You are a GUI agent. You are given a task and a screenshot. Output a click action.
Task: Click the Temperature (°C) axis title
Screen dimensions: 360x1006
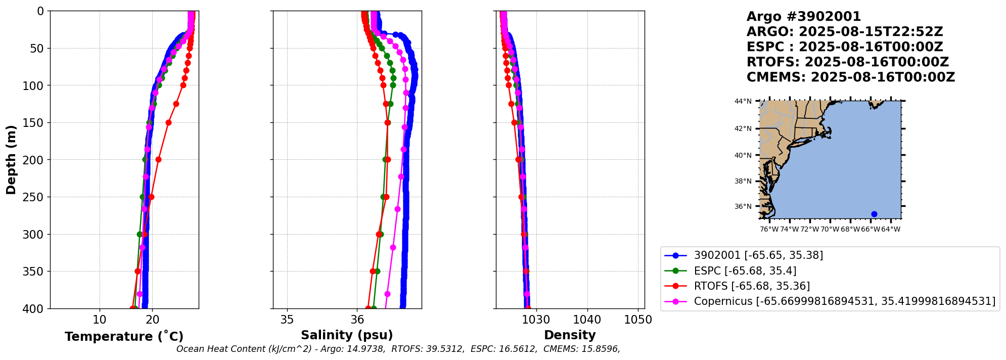pyautogui.click(x=124, y=337)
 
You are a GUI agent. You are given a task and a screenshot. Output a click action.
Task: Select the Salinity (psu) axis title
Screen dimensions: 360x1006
pyautogui.click(x=347, y=335)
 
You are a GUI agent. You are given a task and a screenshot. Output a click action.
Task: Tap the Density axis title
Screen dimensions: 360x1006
pyautogui.click(x=570, y=335)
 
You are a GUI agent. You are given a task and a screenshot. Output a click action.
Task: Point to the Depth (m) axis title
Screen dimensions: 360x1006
pyautogui.click(x=11, y=159)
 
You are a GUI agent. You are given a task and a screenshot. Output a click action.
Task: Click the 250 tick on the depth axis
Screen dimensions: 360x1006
pyautogui.click(x=36, y=197)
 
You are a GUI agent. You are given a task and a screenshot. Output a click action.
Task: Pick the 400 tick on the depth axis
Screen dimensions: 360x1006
pyautogui.click(x=36, y=308)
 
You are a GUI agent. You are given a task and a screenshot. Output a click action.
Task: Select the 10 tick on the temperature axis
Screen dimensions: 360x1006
pyautogui.click(x=100, y=320)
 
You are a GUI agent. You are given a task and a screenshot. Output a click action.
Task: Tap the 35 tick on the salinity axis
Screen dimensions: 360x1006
pyautogui.click(x=287, y=320)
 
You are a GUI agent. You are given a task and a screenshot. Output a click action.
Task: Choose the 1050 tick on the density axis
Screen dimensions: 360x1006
pyautogui.click(x=638, y=320)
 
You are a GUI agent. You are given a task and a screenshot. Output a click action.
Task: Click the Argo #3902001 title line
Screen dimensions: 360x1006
pyautogui.click(x=804, y=17)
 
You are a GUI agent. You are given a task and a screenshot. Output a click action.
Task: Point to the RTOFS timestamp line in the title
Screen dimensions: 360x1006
pyautogui.click(x=848, y=62)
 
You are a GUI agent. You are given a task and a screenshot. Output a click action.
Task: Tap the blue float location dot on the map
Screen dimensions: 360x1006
pyautogui.click(x=874, y=214)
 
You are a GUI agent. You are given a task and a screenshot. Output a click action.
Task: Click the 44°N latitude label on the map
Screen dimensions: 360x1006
pyautogui.click(x=743, y=102)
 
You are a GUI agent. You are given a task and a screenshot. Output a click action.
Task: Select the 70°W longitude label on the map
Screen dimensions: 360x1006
pyautogui.click(x=830, y=230)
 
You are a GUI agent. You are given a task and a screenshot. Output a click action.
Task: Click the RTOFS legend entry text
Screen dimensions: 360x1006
pyautogui.click(x=752, y=286)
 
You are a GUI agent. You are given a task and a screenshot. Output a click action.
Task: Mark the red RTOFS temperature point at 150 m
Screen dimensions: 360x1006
pyautogui.click(x=168, y=122)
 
